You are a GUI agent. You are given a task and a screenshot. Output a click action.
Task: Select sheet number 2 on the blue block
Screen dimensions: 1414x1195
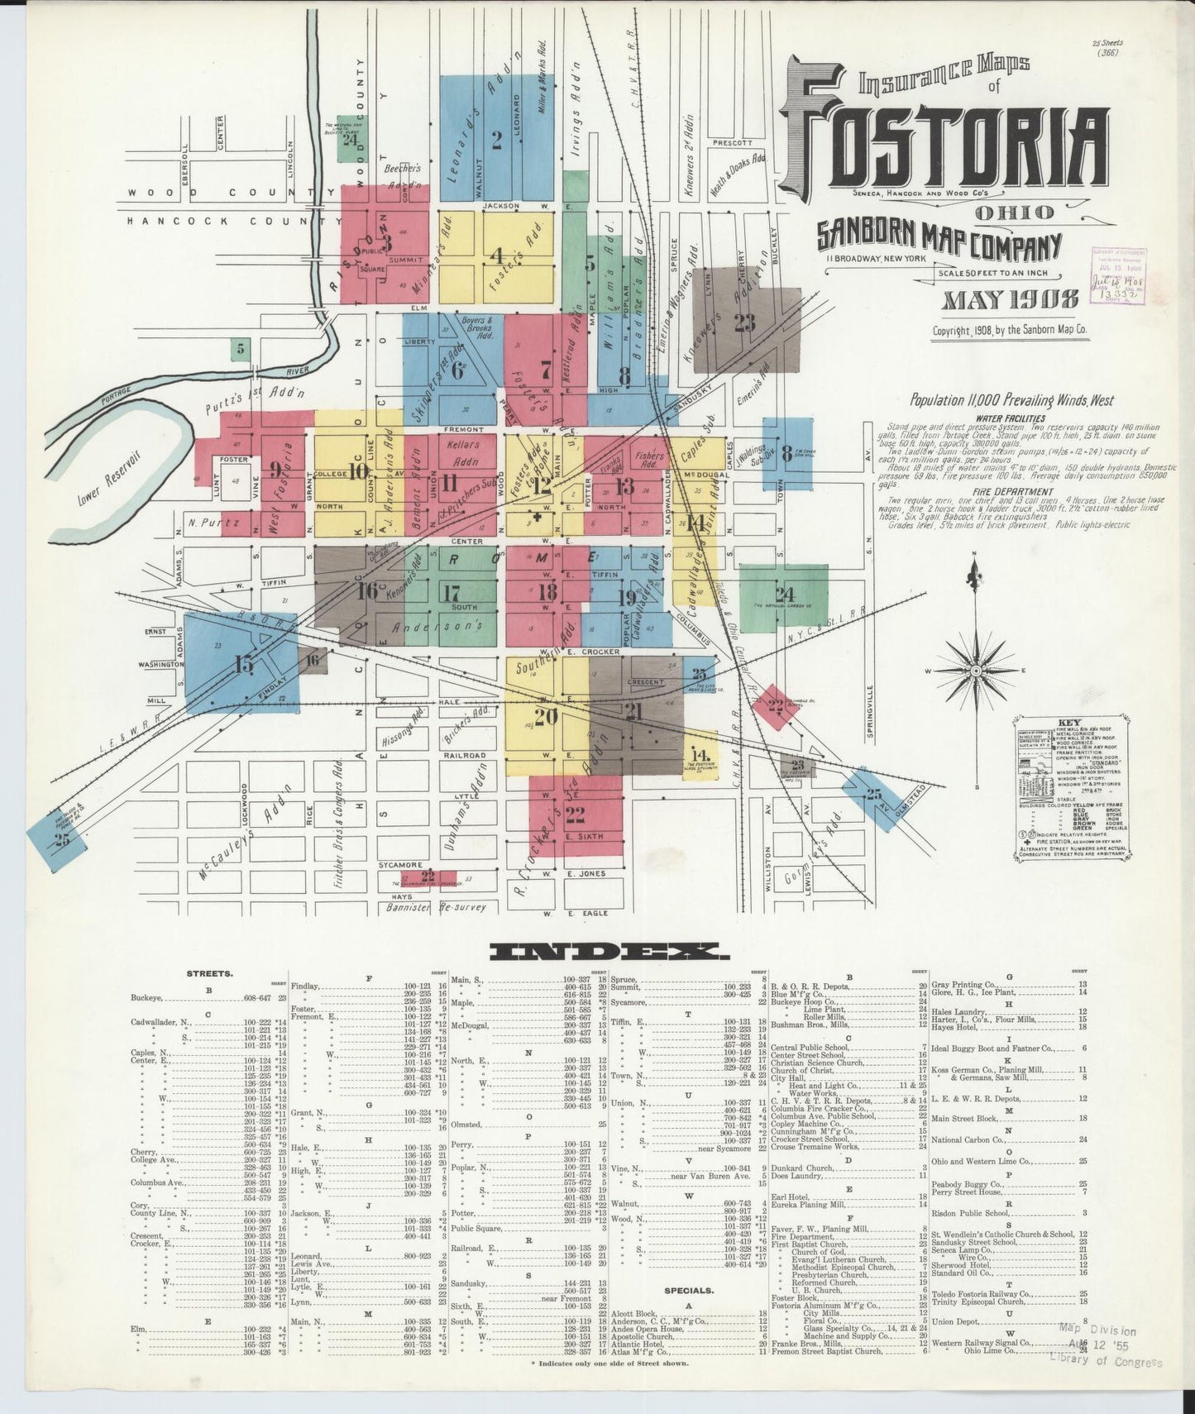[496, 140]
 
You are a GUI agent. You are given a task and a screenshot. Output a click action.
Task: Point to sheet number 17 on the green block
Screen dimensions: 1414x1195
[451, 594]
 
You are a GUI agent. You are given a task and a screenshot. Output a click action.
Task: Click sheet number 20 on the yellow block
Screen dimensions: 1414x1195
[546, 716]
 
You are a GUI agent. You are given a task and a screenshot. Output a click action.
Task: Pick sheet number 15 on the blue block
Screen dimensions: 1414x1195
[244, 663]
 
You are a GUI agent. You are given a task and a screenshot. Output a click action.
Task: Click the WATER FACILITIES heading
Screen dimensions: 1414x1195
[1010, 418]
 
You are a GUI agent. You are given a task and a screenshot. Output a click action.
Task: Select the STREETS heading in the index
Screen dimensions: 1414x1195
[209, 973]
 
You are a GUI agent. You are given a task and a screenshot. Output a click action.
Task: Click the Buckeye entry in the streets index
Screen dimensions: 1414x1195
[146, 997]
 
